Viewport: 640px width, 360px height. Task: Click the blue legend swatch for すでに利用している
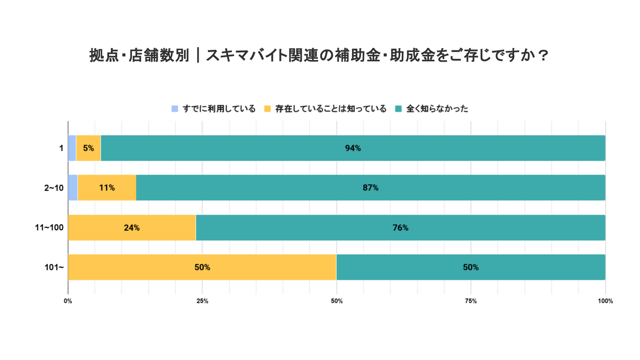pyautogui.click(x=175, y=109)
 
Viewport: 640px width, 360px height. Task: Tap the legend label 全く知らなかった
pyautogui.click(x=437, y=109)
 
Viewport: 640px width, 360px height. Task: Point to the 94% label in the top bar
pyautogui.click(x=353, y=148)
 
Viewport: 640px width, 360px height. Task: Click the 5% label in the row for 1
pyautogui.click(x=88, y=148)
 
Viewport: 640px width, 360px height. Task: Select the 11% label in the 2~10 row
pyautogui.click(x=107, y=188)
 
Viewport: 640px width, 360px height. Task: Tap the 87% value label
pyautogui.click(x=371, y=188)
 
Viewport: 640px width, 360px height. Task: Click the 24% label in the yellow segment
pyautogui.click(x=132, y=228)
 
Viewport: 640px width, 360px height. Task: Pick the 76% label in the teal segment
pyautogui.click(x=400, y=228)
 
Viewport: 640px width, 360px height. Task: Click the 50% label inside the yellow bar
pyautogui.click(x=202, y=267)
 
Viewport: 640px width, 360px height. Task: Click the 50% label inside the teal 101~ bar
pyautogui.click(x=471, y=267)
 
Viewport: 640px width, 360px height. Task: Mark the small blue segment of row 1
pyautogui.click(x=72, y=148)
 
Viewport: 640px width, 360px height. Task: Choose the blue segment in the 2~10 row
pyautogui.click(x=73, y=188)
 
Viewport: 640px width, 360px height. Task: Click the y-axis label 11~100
pyautogui.click(x=49, y=228)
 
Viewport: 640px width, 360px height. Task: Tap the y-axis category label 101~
pyautogui.click(x=55, y=267)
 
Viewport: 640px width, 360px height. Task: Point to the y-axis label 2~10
pyautogui.click(x=54, y=188)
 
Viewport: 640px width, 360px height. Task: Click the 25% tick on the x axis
pyautogui.click(x=202, y=301)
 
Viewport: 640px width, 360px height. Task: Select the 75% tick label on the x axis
pyautogui.click(x=471, y=301)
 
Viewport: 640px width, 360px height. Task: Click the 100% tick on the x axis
pyautogui.click(x=605, y=301)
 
